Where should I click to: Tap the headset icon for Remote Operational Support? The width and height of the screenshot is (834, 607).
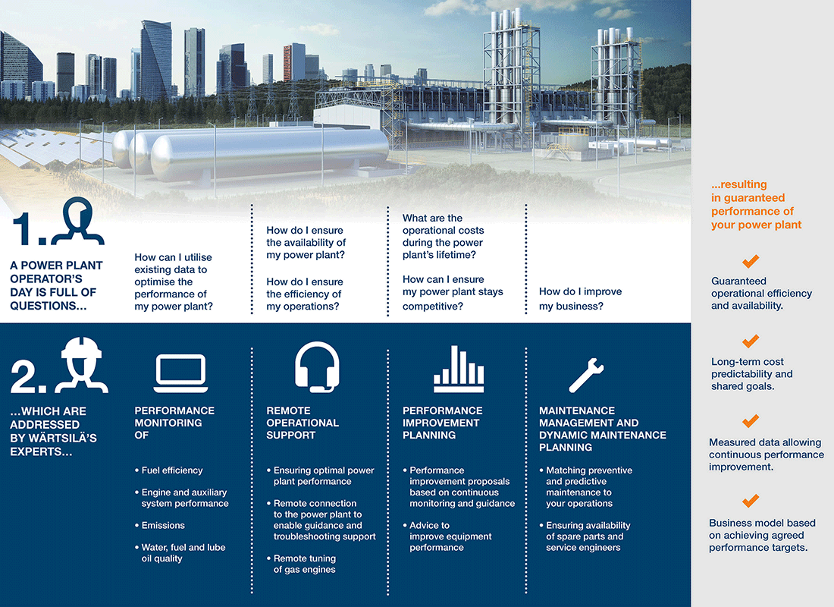pyautogui.click(x=316, y=367)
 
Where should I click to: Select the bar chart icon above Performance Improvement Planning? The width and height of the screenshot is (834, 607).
pyautogui.click(x=458, y=369)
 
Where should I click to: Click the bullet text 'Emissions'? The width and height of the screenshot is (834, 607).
pyautogui.click(x=163, y=525)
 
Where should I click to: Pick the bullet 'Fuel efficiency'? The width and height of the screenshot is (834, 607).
pyautogui.click(x=172, y=470)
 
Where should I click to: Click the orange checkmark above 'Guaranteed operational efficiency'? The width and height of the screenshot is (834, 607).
pyautogui.click(x=751, y=262)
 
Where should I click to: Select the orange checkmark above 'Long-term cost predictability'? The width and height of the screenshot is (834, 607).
pyautogui.click(x=751, y=341)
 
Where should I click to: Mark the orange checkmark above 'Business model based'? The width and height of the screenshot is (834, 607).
pyautogui.click(x=751, y=501)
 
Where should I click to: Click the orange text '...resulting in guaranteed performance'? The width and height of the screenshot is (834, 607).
pyautogui.click(x=756, y=204)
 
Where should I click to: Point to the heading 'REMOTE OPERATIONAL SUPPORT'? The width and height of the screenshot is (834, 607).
pyautogui.click(x=303, y=423)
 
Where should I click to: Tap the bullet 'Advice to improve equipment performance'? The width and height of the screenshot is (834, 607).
pyautogui.click(x=450, y=536)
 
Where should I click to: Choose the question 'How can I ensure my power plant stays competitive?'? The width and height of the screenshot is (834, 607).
pyautogui.click(x=453, y=293)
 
